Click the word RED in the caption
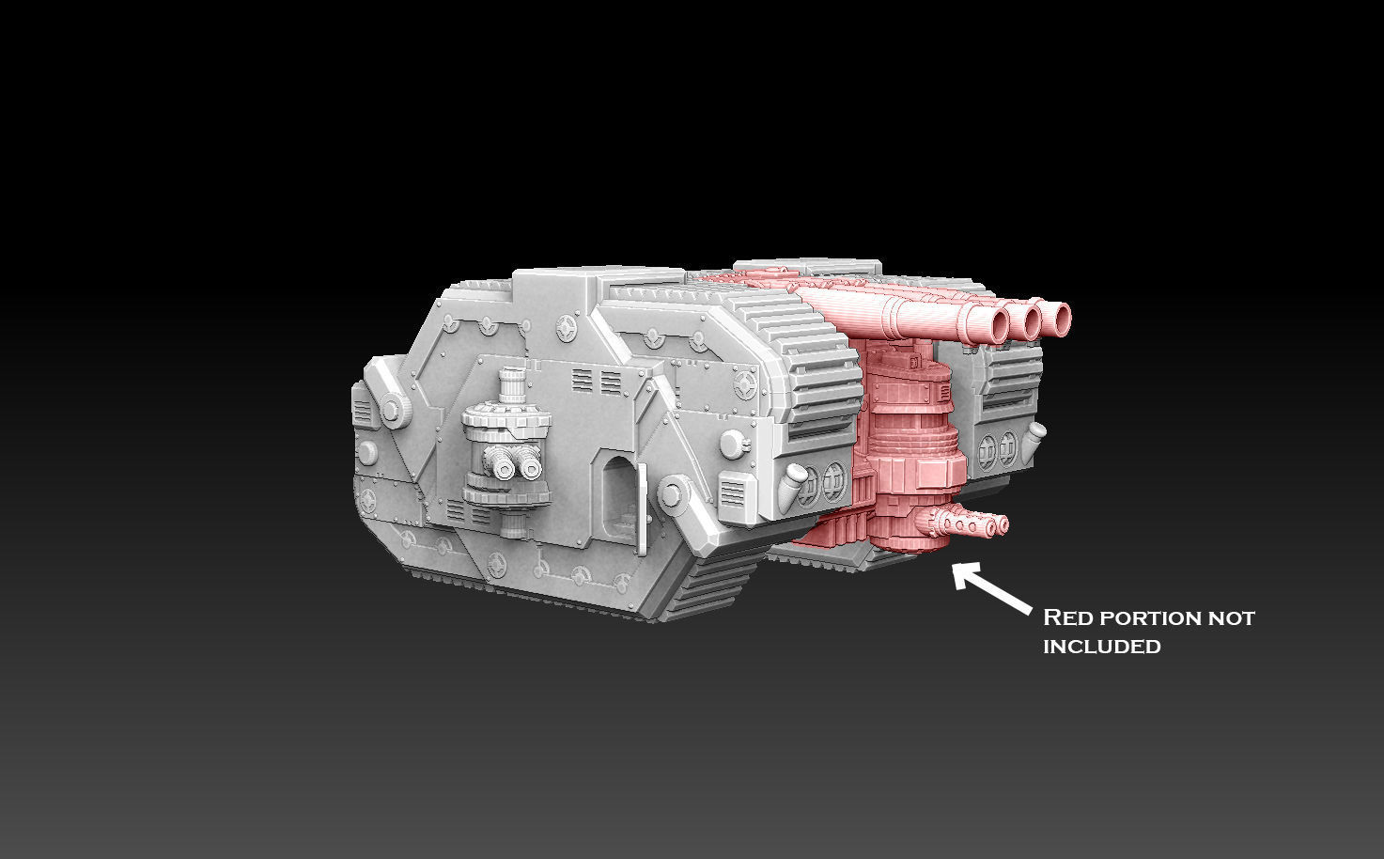(x=1068, y=618)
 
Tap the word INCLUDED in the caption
(x=1101, y=647)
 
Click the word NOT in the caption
(x=1232, y=618)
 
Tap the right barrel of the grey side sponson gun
(x=530, y=467)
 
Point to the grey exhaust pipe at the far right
(x=1035, y=435)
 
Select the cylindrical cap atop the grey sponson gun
(x=512, y=385)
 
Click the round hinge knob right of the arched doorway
(x=671, y=492)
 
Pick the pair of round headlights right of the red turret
(x=998, y=449)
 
